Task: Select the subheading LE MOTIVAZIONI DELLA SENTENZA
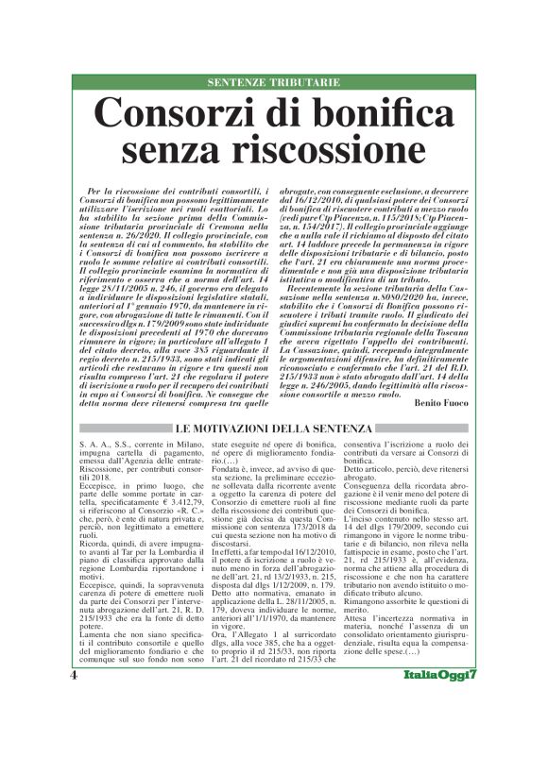[x=274, y=429]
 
